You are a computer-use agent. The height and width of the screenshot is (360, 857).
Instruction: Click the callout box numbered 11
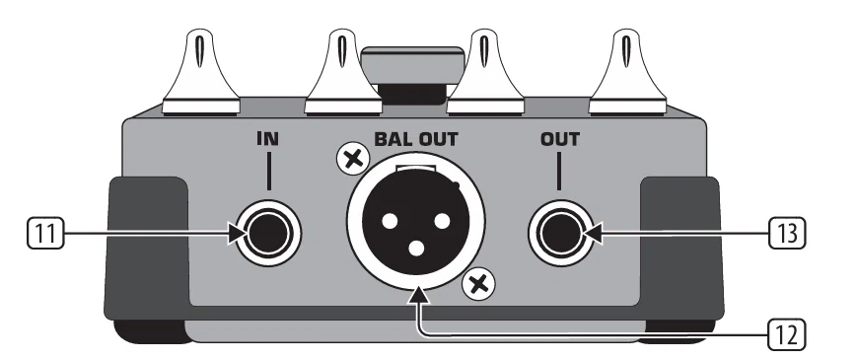coord(45,234)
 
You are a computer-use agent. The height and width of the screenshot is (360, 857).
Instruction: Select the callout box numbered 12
coord(787,335)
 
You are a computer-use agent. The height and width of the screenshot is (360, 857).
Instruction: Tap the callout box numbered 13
coord(787,234)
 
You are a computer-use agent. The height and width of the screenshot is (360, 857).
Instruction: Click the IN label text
coord(268,139)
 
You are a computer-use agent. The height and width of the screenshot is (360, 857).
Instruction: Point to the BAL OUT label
coord(416,139)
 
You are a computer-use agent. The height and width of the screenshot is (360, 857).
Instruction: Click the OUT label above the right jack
coord(560,139)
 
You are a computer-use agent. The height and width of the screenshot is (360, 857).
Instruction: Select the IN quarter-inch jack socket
coord(268,234)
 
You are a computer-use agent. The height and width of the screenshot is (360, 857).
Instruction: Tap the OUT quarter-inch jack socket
coord(561,234)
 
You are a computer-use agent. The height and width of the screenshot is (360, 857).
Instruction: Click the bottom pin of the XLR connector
coord(416,249)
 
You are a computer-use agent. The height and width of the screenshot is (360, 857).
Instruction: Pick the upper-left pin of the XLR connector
coord(390,221)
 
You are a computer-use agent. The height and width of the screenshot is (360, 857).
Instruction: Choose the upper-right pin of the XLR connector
coord(442,221)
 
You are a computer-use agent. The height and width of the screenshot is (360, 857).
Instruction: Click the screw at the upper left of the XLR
coord(354,160)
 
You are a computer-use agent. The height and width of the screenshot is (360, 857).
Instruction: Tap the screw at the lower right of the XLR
coord(478,285)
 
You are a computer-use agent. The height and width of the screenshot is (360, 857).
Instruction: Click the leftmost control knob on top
coord(201,73)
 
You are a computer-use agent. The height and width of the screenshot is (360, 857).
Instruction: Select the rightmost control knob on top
coord(627,73)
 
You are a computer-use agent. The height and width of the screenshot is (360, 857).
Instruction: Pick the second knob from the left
coord(342,73)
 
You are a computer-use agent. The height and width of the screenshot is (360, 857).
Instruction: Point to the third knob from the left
coord(485,73)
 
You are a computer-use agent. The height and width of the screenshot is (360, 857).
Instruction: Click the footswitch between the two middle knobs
coord(414,75)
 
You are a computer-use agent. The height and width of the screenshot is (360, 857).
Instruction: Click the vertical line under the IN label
coord(268,172)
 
